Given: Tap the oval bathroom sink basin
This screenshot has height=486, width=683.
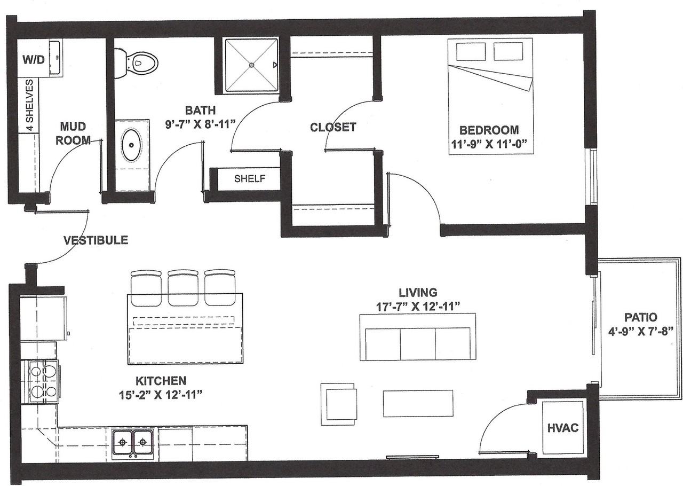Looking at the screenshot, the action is click(x=132, y=145).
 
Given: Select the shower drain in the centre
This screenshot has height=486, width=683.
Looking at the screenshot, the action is click(x=251, y=65).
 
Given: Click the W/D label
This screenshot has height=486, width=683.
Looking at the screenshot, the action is click(x=34, y=59).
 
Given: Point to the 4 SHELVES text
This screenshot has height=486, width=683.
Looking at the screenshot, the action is click(x=29, y=105).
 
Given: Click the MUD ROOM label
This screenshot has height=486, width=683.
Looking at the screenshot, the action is click(x=73, y=133).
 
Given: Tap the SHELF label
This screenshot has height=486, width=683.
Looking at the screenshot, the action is click(x=250, y=178).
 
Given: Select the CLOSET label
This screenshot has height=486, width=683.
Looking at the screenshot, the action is click(x=333, y=127).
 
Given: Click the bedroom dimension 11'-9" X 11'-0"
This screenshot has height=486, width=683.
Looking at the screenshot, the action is click(x=489, y=144).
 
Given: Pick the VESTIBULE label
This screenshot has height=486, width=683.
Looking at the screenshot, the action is click(x=96, y=240).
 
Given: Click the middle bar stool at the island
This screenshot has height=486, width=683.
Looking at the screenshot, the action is click(x=183, y=287).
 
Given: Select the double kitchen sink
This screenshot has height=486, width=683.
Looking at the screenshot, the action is click(x=133, y=442).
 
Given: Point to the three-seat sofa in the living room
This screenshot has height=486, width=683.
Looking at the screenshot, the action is click(x=418, y=337).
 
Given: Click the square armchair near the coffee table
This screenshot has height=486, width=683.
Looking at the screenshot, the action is click(x=338, y=404).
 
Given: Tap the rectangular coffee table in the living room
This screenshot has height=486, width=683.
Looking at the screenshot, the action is click(x=418, y=403).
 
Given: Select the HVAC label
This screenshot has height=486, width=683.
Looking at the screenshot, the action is click(x=563, y=428).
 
